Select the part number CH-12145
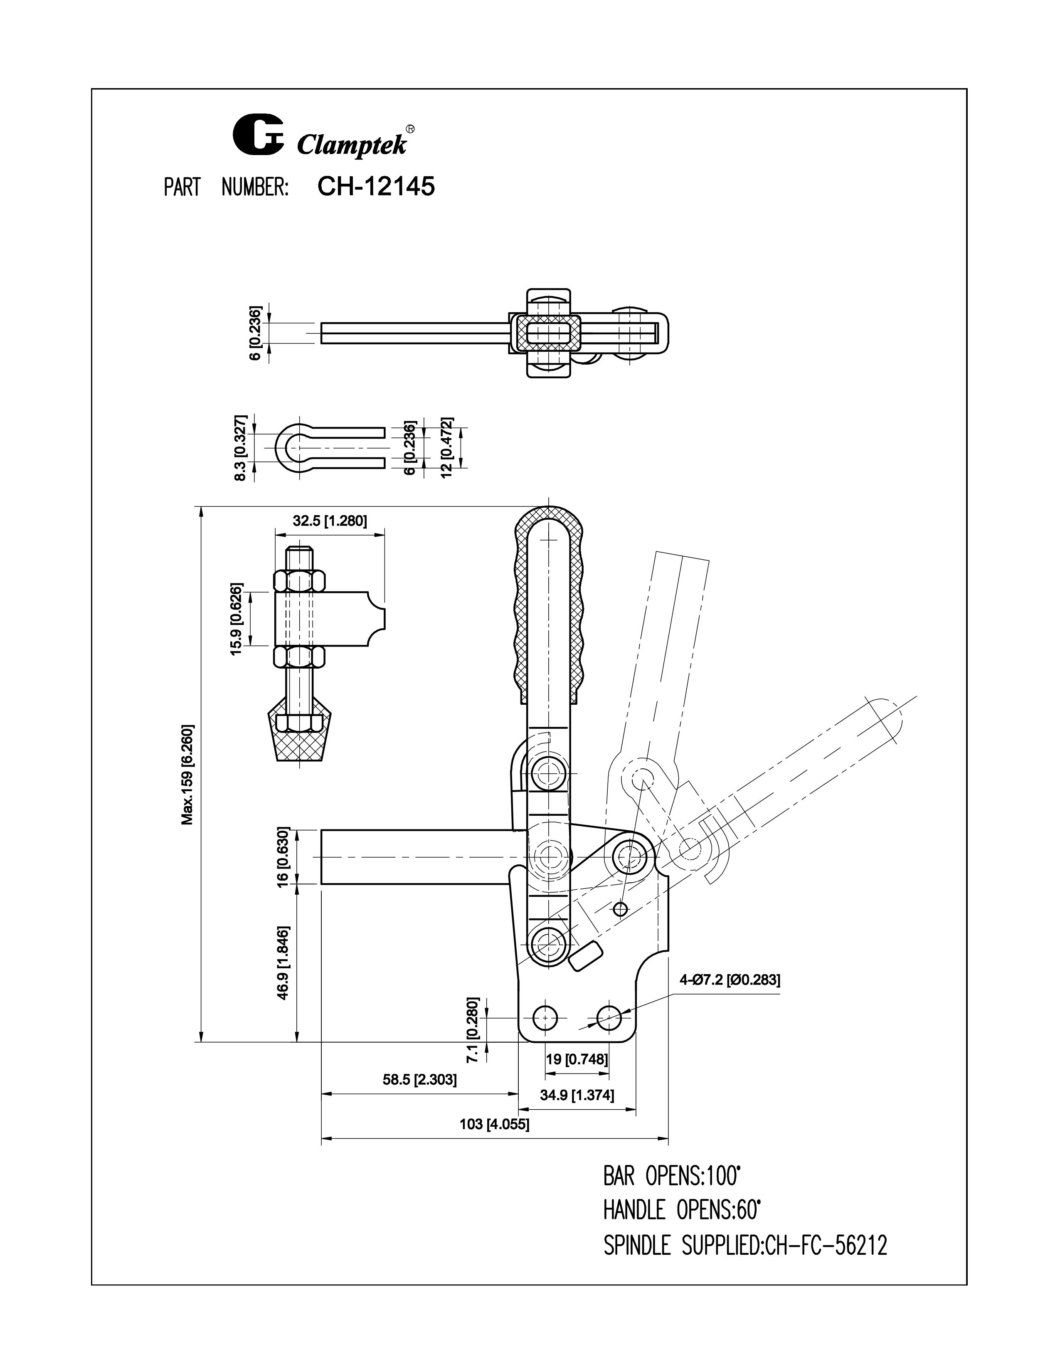pyautogui.click(x=375, y=187)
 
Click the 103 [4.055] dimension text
pyautogui.click(x=494, y=1125)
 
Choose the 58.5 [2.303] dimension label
pyautogui.click(x=419, y=1080)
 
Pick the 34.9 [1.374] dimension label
pyautogui.click(x=577, y=1096)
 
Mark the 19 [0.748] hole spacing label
pyautogui.click(x=577, y=1059)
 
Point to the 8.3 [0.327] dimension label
pyautogui.click(x=240, y=447)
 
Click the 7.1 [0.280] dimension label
pyautogui.click(x=474, y=1029)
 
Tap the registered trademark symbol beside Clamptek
pyautogui.click(x=410, y=129)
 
